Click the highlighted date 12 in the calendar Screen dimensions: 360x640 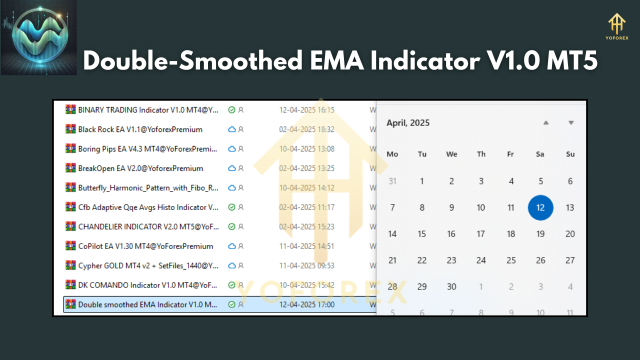tap(540, 207)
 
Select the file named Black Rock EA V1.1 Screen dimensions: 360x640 tap(140, 129)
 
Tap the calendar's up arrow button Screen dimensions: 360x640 tap(546, 122)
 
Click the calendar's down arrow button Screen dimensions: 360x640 tap(571, 122)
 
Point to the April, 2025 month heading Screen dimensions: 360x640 tap(408, 123)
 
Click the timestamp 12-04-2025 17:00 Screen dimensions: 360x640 tap(306, 304)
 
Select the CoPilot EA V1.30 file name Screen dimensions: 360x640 tap(145, 246)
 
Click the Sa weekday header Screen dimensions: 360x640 tap(540, 154)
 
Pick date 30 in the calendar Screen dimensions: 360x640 tap(451, 286)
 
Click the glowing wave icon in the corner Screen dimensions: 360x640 tap(39, 37)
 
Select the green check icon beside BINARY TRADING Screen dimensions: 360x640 tap(231, 110)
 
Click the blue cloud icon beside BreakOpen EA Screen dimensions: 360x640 tap(231, 168)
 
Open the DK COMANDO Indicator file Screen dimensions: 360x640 tap(147, 285)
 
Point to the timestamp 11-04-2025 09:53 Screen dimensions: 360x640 tap(306, 265)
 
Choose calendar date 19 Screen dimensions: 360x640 tap(540, 233)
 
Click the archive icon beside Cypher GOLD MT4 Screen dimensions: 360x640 tap(70, 265)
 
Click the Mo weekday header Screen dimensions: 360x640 tap(392, 154)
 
